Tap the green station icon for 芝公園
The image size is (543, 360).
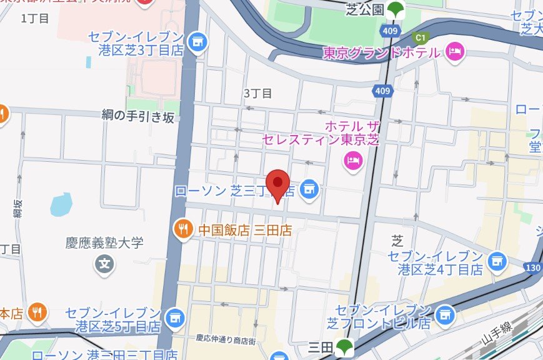(x=394, y=9)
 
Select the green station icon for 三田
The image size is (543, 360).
(x=342, y=346)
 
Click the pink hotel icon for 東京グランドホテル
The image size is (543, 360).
(x=456, y=52)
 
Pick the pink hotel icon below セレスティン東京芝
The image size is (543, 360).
(x=353, y=161)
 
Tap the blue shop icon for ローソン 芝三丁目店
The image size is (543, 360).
(x=309, y=187)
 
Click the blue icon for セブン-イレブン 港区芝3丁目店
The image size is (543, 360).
(x=198, y=42)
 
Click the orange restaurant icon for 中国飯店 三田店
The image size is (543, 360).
(x=182, y=229)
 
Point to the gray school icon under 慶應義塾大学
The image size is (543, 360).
(x=105, y=264)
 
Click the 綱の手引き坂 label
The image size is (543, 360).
(x=138, y=116)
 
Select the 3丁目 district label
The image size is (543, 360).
(x=257, y=94)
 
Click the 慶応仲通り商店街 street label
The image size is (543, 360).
(x=226, y=339)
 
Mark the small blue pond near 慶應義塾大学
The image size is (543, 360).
(x=61, y=203)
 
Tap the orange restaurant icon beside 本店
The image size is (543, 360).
(x=38, y=311)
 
